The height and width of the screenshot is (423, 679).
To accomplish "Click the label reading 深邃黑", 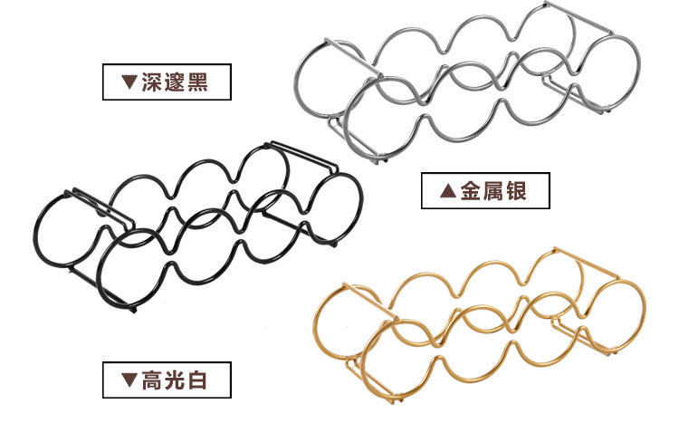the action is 167,83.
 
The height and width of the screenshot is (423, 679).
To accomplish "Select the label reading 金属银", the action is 486,191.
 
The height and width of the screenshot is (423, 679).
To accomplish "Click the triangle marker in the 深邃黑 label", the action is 129,83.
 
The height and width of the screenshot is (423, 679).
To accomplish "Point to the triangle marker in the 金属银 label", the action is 446,191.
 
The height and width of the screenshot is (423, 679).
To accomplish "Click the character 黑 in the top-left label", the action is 196,83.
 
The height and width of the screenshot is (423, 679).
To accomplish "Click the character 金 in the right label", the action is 469,191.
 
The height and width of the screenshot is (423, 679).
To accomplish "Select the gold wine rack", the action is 480,322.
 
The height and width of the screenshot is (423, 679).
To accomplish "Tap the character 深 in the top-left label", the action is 152,83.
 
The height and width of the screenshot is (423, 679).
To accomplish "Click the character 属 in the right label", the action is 492,191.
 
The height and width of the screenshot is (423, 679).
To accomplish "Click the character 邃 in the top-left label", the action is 175,83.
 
